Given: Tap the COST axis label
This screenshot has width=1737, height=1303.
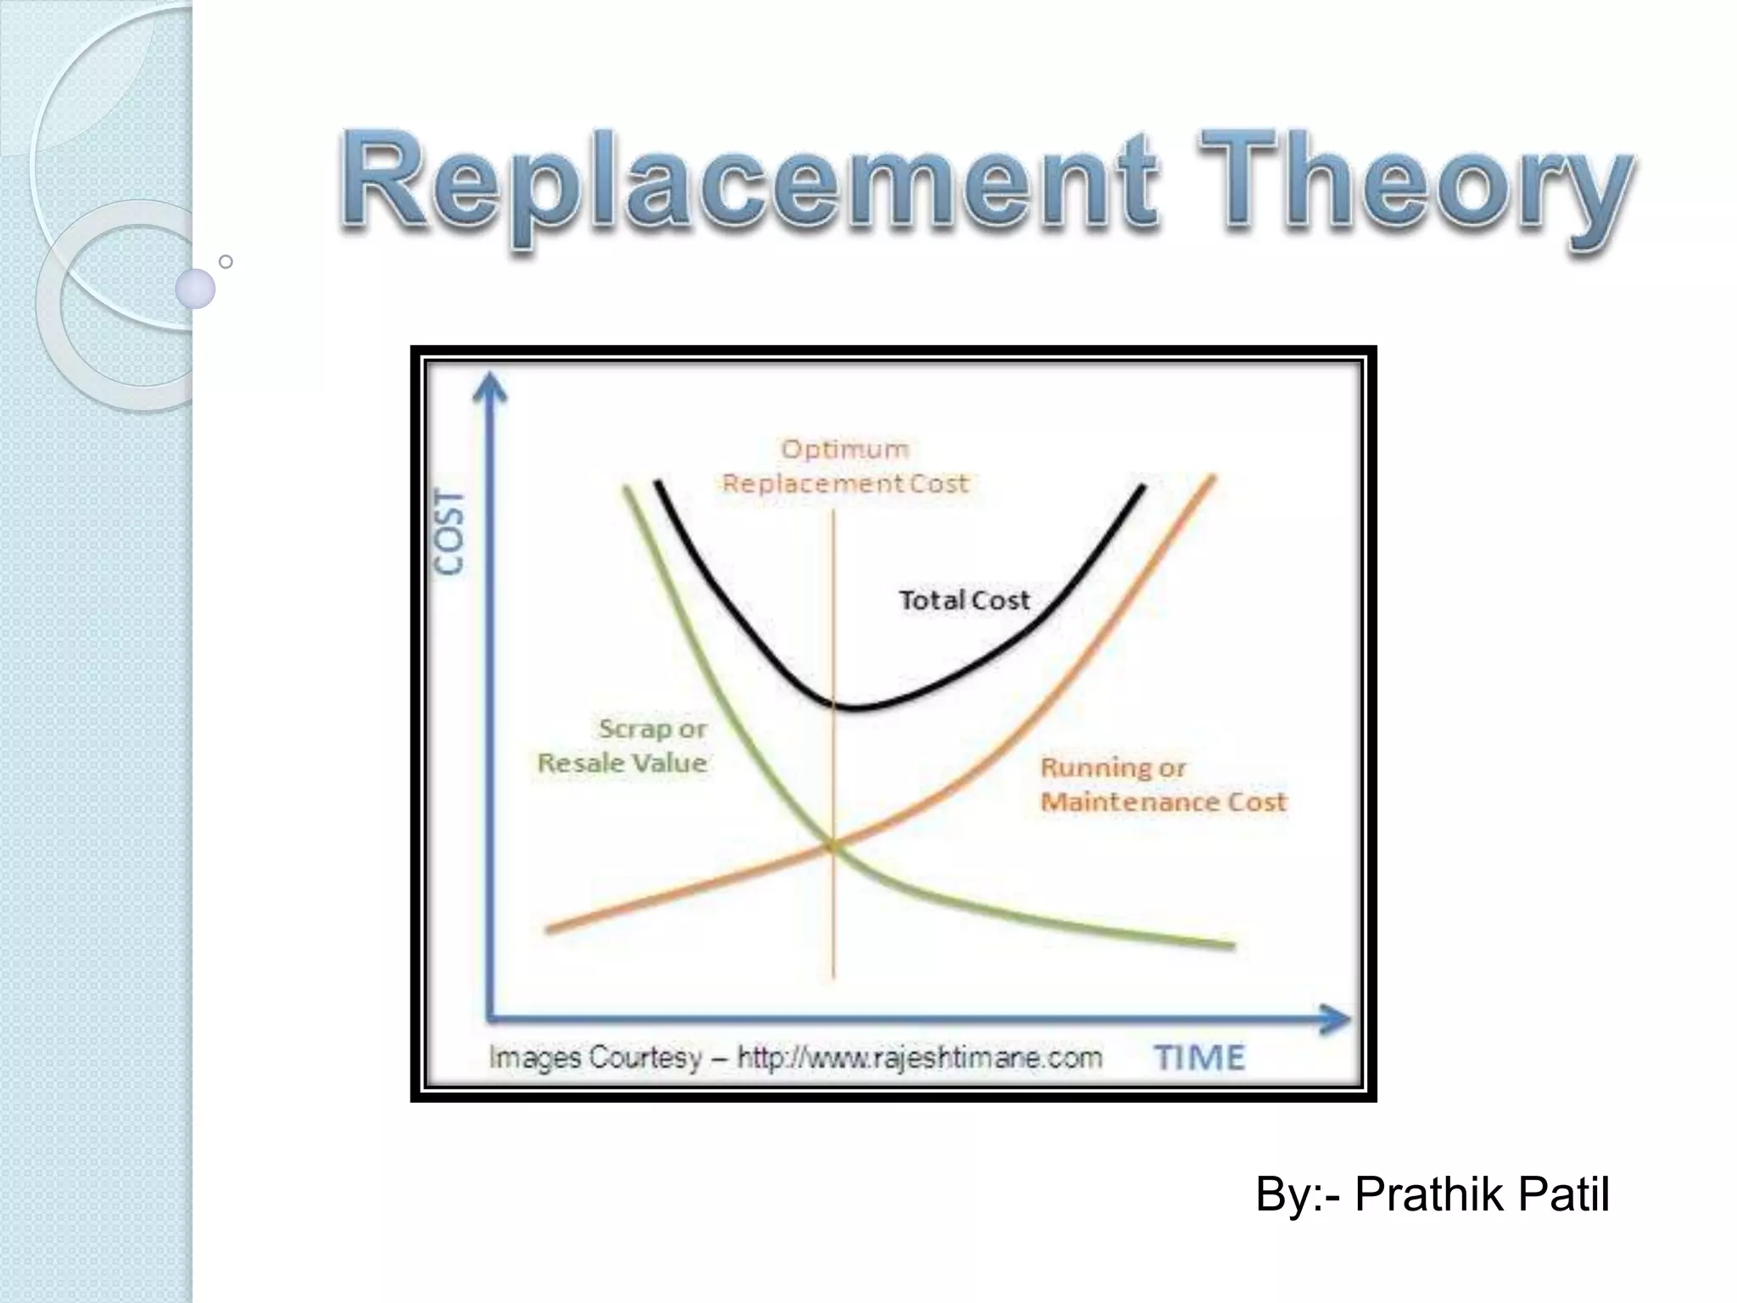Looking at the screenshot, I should point(450,533).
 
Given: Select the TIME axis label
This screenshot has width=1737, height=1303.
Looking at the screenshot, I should point(1199,1058).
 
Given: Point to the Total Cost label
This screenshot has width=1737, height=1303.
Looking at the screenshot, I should point(963,601).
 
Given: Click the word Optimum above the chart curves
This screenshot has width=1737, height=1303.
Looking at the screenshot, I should point(844,449).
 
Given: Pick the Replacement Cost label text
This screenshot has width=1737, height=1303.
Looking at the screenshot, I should point(844,484).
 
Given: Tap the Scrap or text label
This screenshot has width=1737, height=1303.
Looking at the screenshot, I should point(652,729).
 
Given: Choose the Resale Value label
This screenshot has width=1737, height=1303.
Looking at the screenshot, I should point(623,763).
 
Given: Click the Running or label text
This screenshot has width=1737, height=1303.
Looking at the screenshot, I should point(1113,768).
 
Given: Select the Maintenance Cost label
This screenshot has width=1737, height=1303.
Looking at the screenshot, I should point(1163,802).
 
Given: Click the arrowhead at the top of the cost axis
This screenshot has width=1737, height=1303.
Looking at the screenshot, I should point(489,389).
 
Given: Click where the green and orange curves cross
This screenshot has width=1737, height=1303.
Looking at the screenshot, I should point(832,844).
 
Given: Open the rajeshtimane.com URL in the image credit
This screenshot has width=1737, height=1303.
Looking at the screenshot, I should point(919,1058).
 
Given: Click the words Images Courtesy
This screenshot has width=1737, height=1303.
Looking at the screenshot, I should point(595,1058).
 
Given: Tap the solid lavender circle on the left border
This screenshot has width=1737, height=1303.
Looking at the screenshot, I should point(195,288).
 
